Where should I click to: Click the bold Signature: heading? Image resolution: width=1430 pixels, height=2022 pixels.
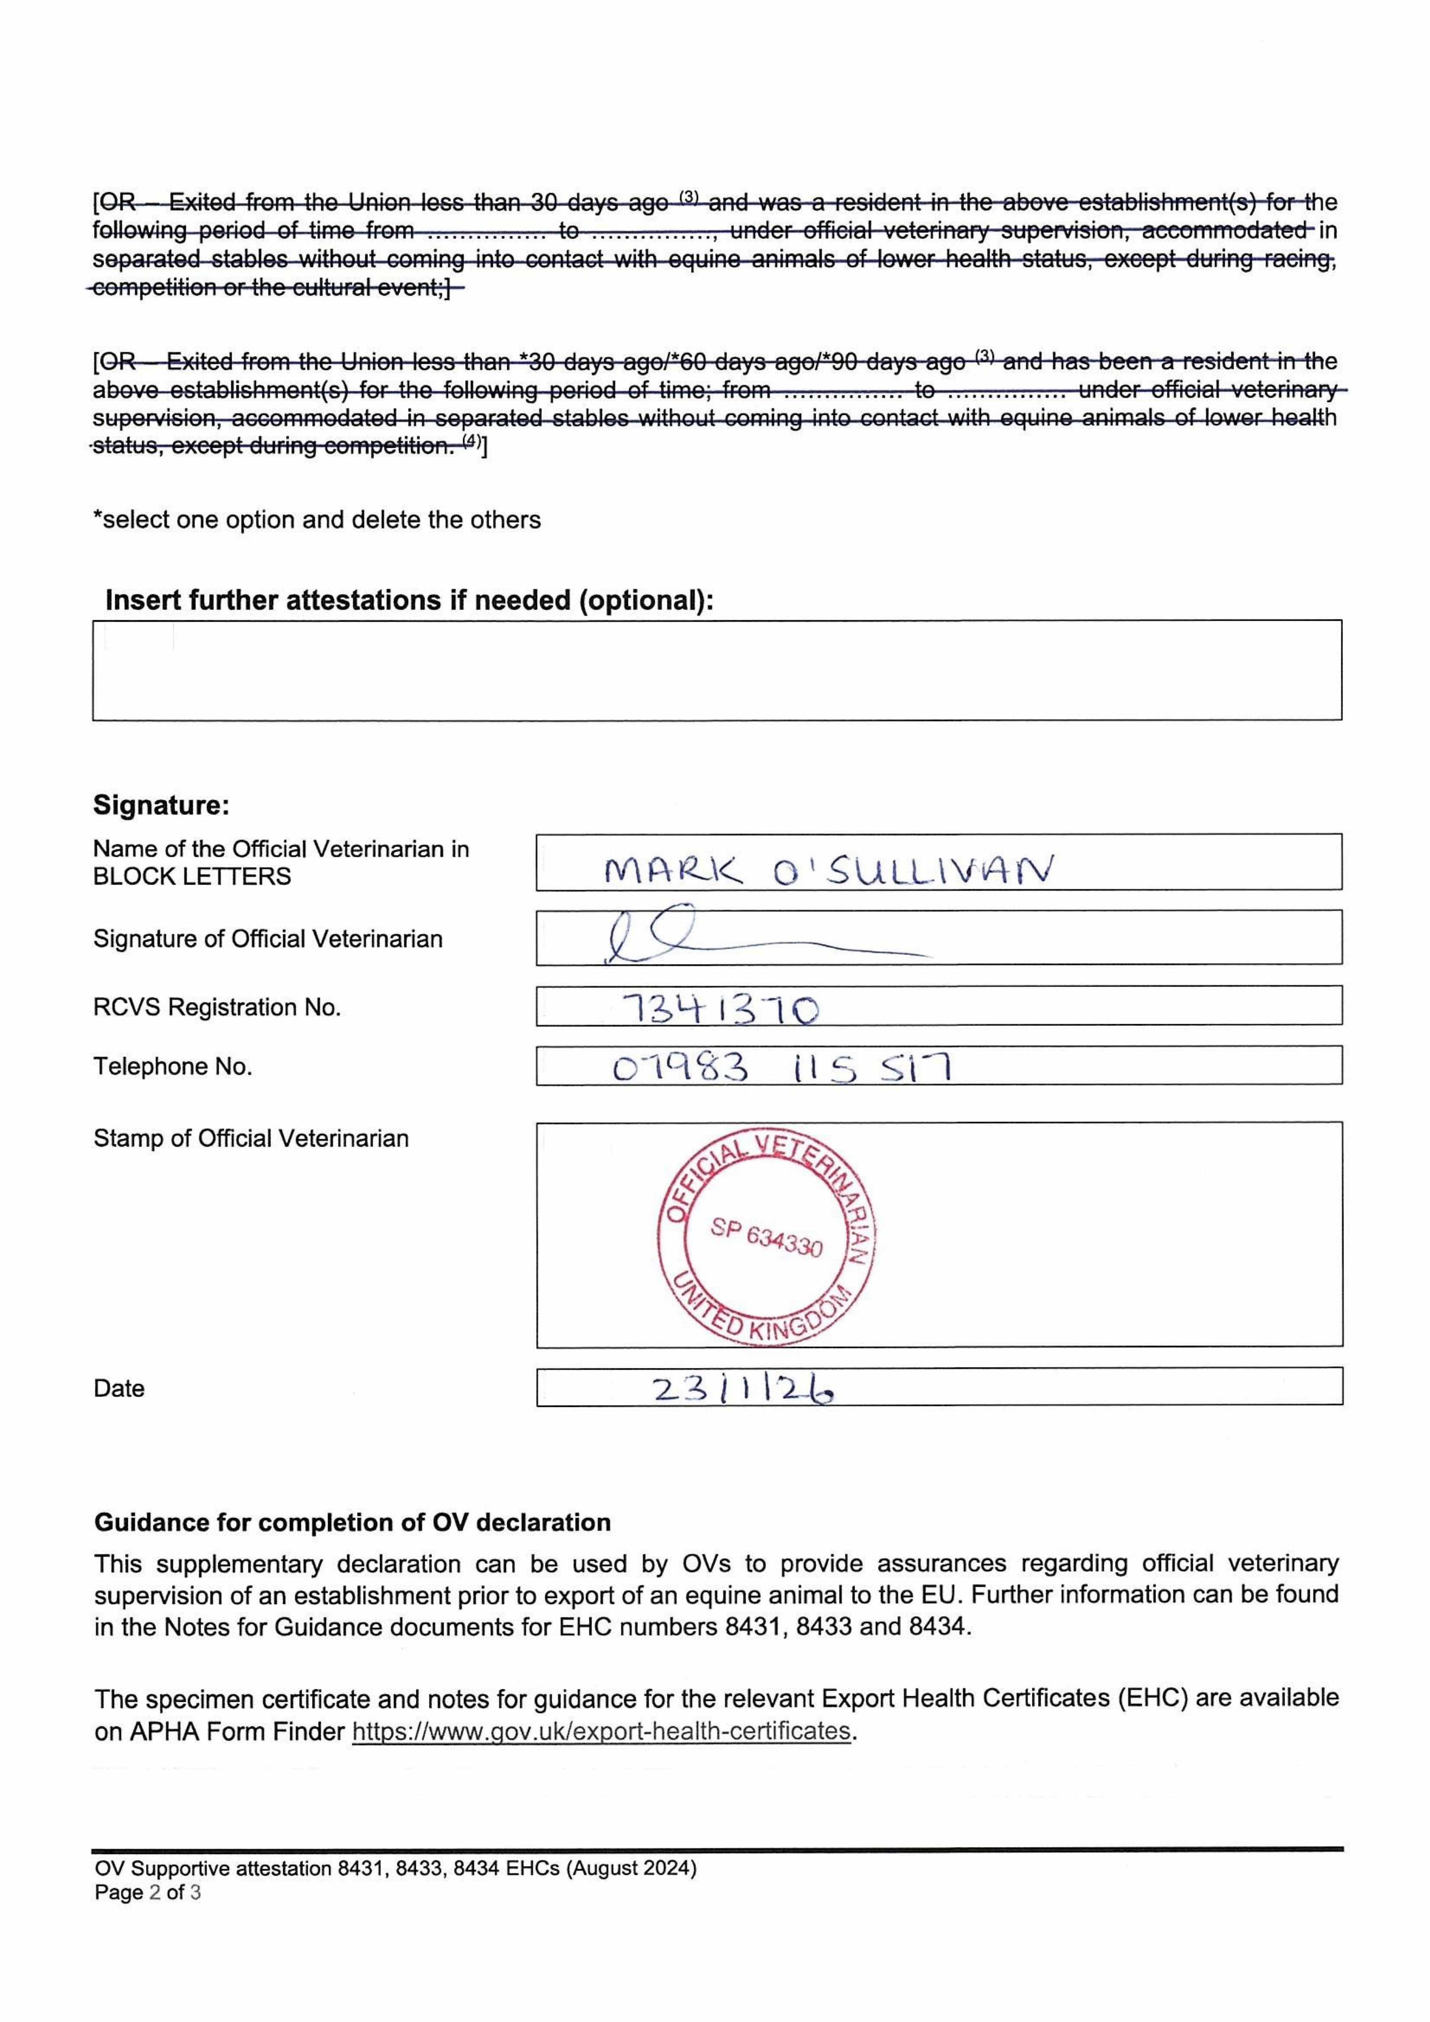tap(161, 805)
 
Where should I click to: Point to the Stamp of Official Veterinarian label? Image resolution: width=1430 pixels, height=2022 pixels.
tap(251, 1139)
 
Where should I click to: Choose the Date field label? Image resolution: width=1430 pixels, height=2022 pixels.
tap(119, 1389)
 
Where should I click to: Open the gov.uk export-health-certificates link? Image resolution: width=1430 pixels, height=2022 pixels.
tap(602, 1731)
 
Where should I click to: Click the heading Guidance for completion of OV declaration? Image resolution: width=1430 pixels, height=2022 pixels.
tap(352, 1523)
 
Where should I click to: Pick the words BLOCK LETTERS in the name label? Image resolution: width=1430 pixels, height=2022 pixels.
tap(192, 877)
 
